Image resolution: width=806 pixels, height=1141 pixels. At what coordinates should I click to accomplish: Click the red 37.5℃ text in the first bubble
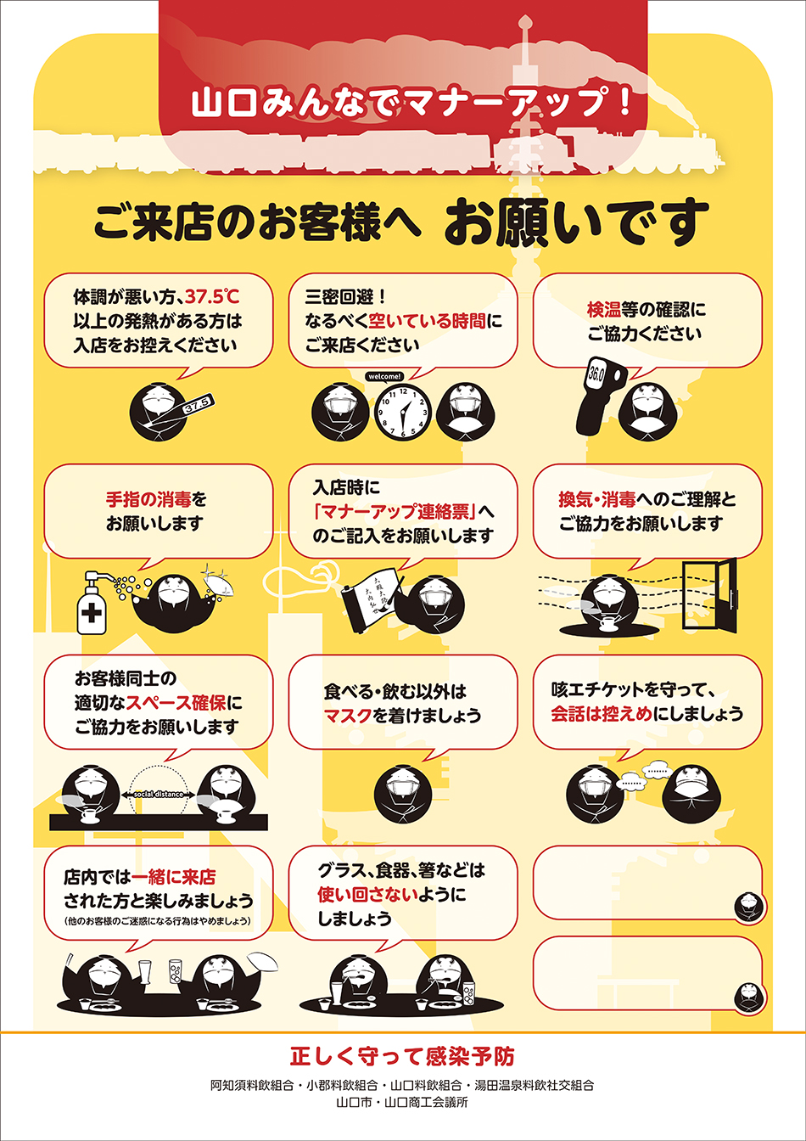pos(212,296)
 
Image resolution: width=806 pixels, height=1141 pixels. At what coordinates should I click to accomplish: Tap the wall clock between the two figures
pos(403,411)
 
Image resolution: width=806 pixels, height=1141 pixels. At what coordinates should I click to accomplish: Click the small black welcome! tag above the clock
pos(384,376)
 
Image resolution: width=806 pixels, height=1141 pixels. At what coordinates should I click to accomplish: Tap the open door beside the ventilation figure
pos(710,595)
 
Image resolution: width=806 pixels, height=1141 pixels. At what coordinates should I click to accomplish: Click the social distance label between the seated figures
pos(159,794)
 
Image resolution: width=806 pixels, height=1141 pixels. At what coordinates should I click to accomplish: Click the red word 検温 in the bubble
pos(603,309)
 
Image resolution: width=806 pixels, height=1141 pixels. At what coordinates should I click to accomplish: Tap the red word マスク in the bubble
pos(348,715)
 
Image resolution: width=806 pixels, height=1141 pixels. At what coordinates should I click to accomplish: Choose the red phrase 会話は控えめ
pos(602,714)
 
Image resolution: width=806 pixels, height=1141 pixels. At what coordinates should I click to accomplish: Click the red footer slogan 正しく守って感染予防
pos(402,1056)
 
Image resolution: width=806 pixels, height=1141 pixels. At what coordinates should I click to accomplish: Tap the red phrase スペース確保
pos(176,703)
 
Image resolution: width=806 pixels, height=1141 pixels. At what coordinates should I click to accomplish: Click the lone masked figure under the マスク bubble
pos(402,794)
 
